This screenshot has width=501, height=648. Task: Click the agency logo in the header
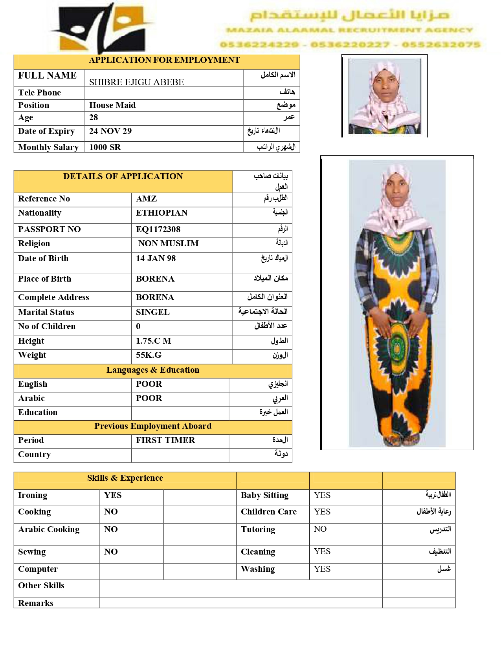coord(103,28)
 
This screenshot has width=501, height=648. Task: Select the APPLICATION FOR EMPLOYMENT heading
coord(164,60)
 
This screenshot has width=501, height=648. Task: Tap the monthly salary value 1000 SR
coord(105,147)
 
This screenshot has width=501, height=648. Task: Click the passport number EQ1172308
coord(158,229)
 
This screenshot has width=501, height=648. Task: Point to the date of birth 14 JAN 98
coord(156,258)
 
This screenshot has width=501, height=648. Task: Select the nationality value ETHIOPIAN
coord(161,213)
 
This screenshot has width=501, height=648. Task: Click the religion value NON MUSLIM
coord(168,243)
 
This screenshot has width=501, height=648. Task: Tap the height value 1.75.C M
coord(153,341)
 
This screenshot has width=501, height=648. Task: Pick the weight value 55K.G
coord(149,355)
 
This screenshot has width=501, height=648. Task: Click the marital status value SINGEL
coord(152,312)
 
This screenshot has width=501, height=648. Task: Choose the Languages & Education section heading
coord(152,370)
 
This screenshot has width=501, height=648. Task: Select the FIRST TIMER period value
coord(165,440)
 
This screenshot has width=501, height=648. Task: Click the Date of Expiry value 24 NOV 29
coord(110,131)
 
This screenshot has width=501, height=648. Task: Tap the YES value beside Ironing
coord(113,495)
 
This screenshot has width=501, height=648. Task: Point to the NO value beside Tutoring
coord(320,529)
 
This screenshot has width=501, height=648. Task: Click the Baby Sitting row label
coord(264,495)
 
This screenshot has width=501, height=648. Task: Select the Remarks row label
coord(36,603)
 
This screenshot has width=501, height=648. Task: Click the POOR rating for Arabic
coord(149,398)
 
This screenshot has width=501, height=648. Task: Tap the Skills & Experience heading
coord(125,478)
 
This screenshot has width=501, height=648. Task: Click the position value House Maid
coord(112,105)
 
